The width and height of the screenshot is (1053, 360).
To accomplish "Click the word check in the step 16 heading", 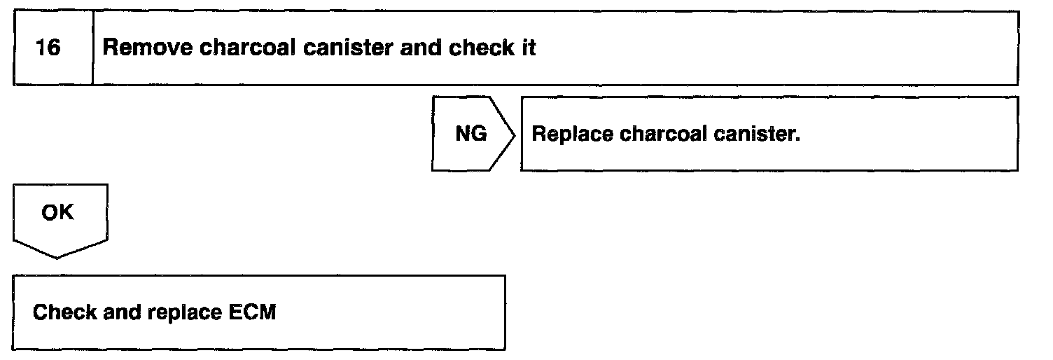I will tap(480, 48).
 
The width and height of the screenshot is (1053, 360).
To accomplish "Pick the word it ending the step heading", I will tap(529, 48).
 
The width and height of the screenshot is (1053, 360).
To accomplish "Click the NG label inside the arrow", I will tap(470, 133).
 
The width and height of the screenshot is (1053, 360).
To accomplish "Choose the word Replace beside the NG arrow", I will tap(572, 134).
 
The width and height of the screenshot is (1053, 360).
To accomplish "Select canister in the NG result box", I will tap(756, 134).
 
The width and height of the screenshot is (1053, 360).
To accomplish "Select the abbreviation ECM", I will tap(253, 312).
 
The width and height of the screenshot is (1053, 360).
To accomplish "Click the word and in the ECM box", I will tap(122, 312).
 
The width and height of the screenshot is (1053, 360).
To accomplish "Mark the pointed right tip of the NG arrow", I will tap(516, 133).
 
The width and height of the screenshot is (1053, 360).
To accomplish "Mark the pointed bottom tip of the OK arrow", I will tap(58, 258).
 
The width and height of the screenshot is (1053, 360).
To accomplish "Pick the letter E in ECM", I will tap(236, 312).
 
